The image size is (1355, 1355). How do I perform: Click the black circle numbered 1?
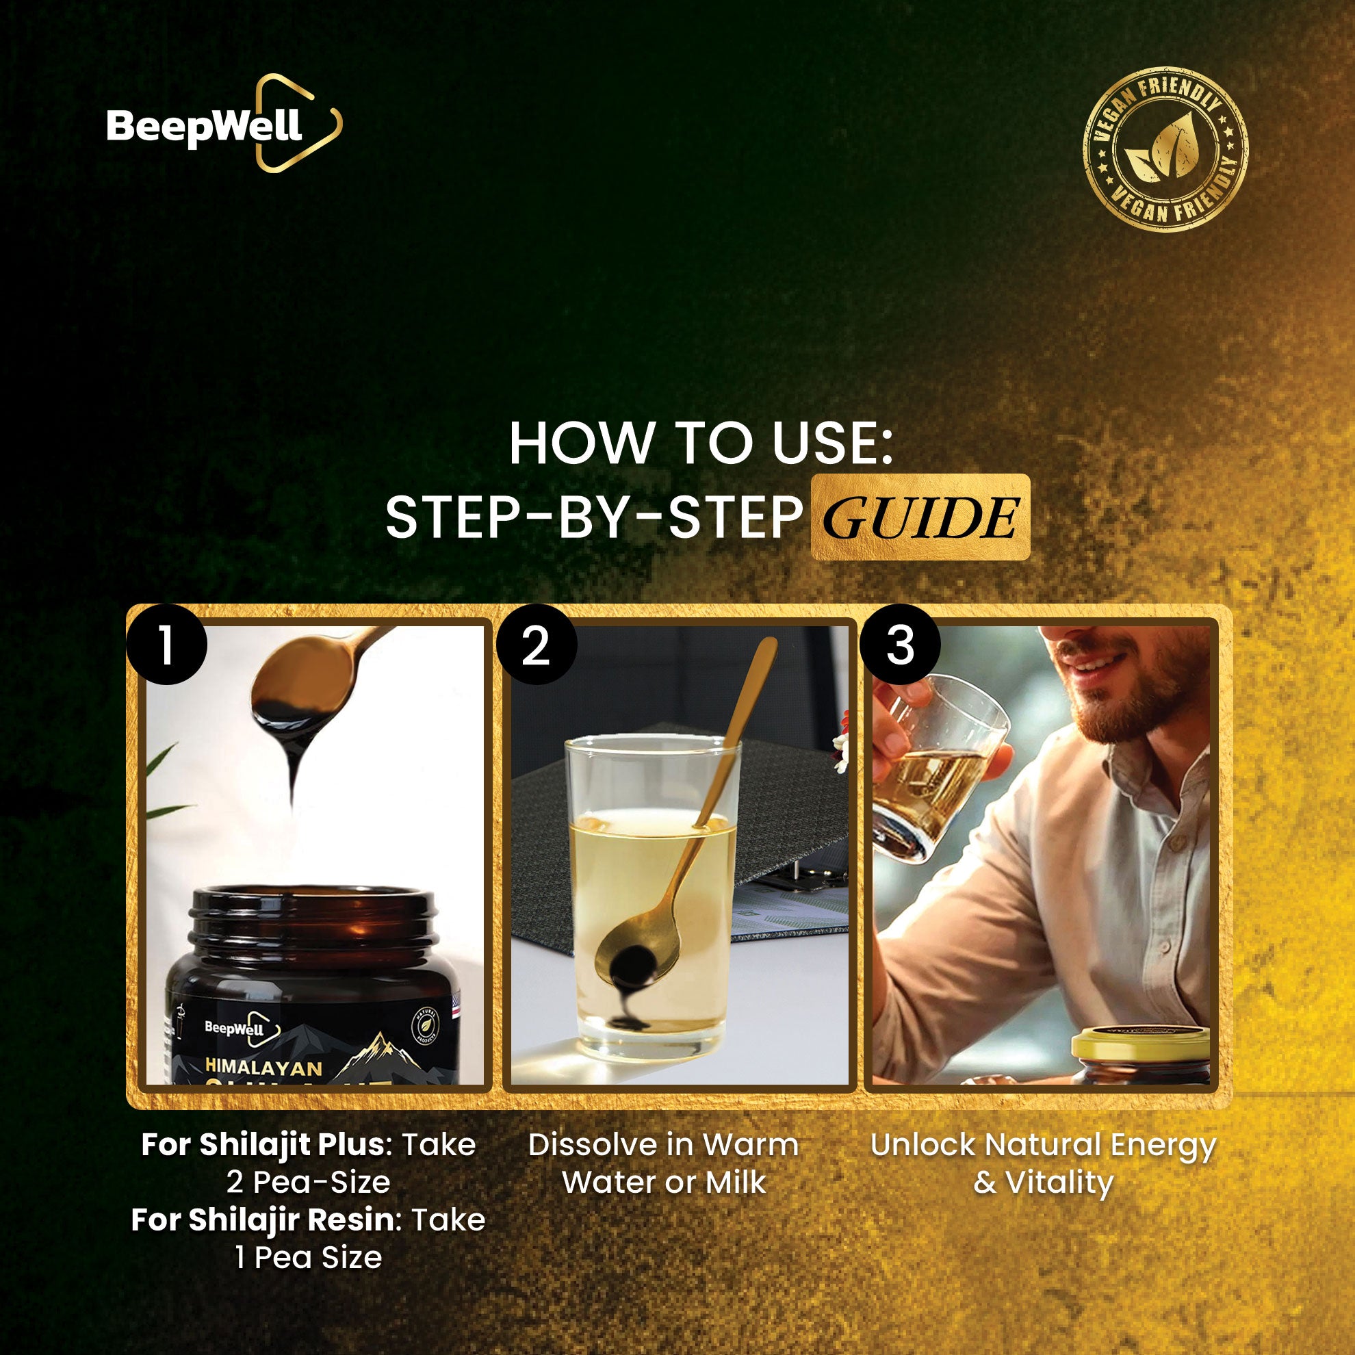[x=166, y=645]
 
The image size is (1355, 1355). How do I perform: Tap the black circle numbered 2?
[x=536, y=645]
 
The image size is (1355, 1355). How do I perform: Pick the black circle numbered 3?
[x=901, y=645]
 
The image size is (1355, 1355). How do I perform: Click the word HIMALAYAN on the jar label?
[x=263, y=1068]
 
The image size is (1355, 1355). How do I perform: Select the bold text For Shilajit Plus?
[x=262, y=1145]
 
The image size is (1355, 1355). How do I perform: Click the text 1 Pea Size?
[x=309, y=1258]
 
